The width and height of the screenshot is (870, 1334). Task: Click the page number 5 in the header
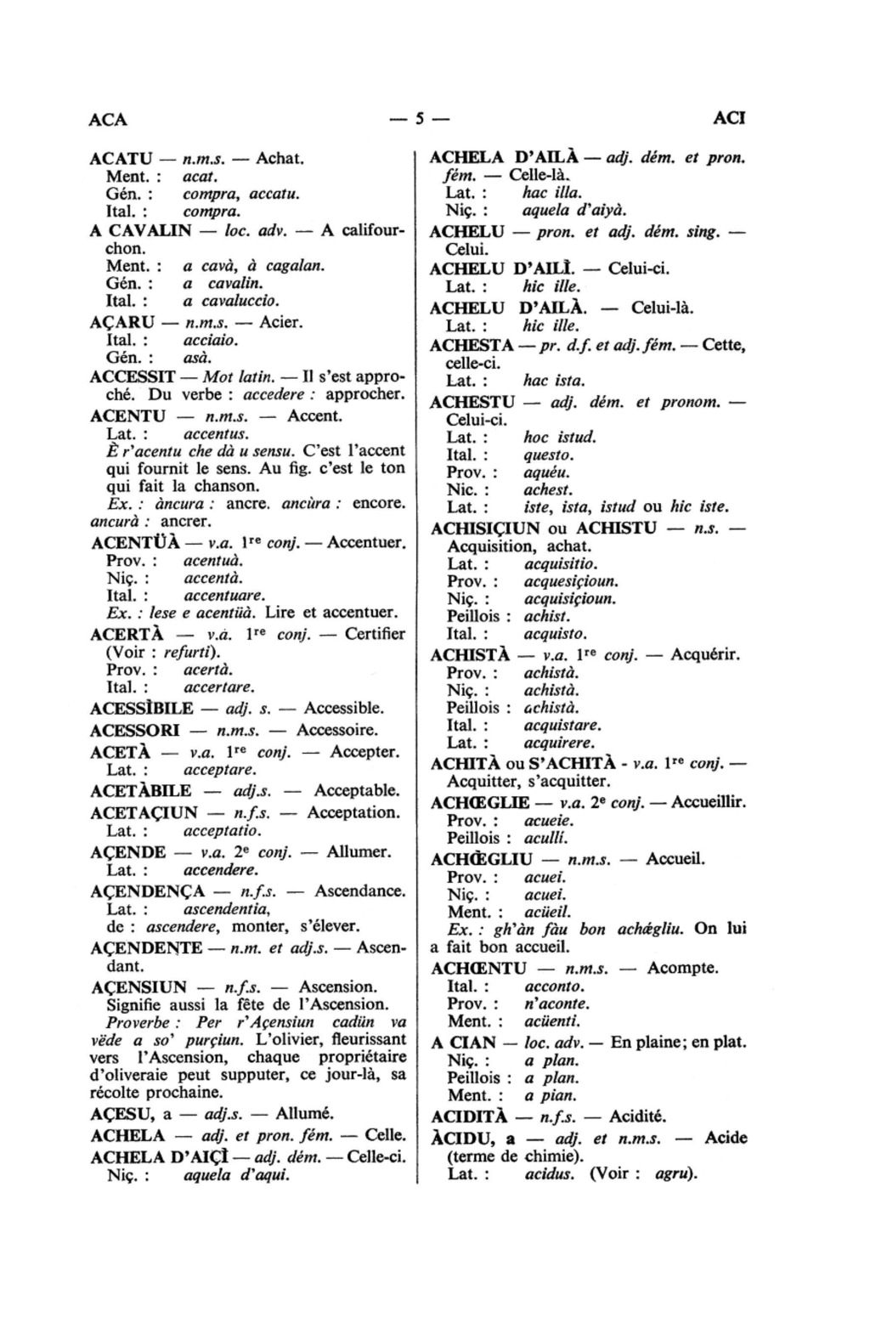tap(419, 119)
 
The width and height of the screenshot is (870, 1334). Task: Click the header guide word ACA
tap(108, 119)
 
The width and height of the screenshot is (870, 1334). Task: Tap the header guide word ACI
tap(729, 118)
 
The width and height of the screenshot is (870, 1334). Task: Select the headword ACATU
tap(121, 159)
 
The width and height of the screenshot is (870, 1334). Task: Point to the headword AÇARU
tap(122, 323)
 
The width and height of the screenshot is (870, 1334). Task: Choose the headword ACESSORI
tap(134, 730)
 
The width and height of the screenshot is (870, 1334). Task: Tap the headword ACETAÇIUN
tap(144, 812)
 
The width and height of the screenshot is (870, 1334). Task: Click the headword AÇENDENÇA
tap(147, 891)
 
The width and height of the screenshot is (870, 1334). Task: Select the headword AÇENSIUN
tap(138, 987)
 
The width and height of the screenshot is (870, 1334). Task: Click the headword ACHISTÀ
tap(470, 655)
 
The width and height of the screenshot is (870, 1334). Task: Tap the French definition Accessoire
tap(337, 730)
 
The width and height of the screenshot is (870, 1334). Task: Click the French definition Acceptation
tap(353, 812)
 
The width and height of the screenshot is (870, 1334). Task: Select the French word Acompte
tap(682, 969)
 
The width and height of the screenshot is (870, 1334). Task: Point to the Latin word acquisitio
tap(561, 564)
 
